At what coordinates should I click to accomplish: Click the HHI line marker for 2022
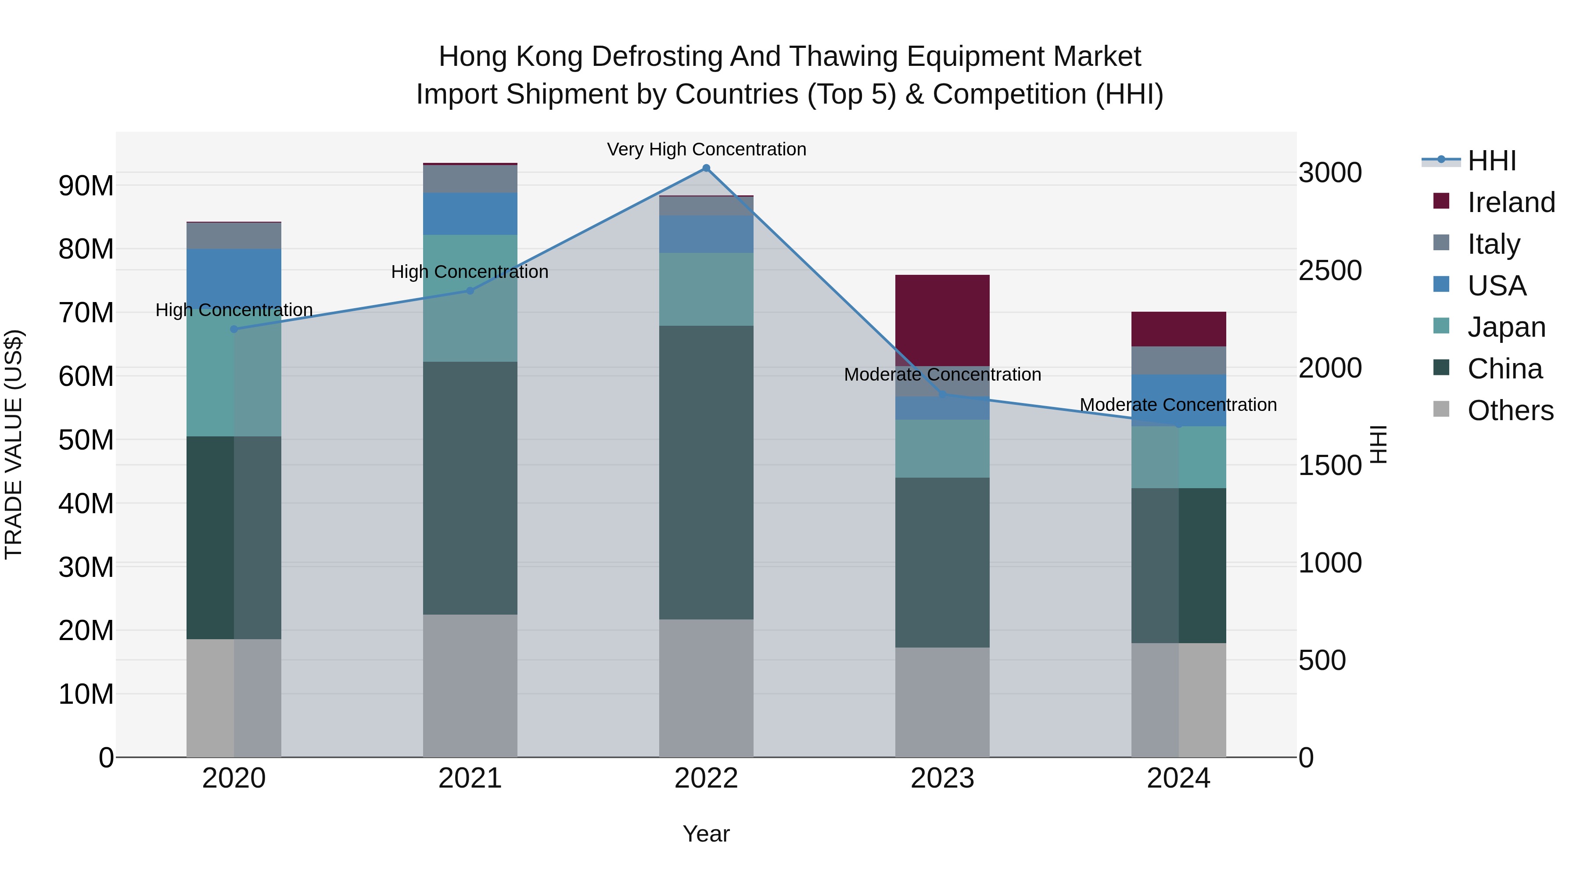[706, 168]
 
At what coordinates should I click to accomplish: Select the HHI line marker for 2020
[233, 329]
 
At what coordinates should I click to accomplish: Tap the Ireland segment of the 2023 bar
[942, 320]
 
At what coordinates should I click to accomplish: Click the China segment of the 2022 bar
[706, 472]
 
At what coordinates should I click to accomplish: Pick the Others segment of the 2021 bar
[470, 685]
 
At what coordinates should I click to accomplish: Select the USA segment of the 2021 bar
[470, 213]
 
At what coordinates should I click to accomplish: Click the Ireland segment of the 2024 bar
[1178, 329]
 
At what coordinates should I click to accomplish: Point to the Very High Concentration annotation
[706, 150]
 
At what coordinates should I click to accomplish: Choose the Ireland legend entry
[1511, 202]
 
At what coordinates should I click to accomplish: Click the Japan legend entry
[1506, 327]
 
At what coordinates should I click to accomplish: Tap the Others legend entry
[1510, 410]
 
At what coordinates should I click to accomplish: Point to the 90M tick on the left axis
[86, 186]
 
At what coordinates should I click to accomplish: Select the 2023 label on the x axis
[942, 778]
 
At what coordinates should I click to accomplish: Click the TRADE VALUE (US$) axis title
[14, 444]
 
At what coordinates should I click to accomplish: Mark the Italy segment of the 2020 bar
[233, 236]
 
